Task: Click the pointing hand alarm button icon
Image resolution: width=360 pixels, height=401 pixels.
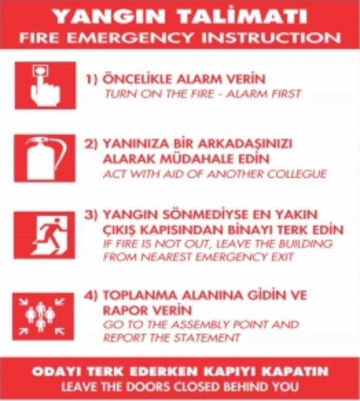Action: click(x=45, y=85)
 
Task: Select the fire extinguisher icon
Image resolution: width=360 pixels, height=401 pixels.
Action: click(x=45, y=158)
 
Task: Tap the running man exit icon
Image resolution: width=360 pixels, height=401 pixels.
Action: click(x=44, y=235)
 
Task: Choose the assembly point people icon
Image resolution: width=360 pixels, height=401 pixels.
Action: click(x=43, y=317)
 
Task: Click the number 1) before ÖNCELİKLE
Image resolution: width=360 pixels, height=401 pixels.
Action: click(x=92, y=79)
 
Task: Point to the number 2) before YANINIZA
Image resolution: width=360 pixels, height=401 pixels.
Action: click(x=91, y=144)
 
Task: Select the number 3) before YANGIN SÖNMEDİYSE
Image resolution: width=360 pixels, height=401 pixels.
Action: click(x=91, y=214)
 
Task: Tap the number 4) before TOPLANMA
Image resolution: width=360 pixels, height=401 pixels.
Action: click(x=91, y=296)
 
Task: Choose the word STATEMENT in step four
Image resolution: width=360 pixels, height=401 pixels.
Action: click(x=207, y=338)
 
